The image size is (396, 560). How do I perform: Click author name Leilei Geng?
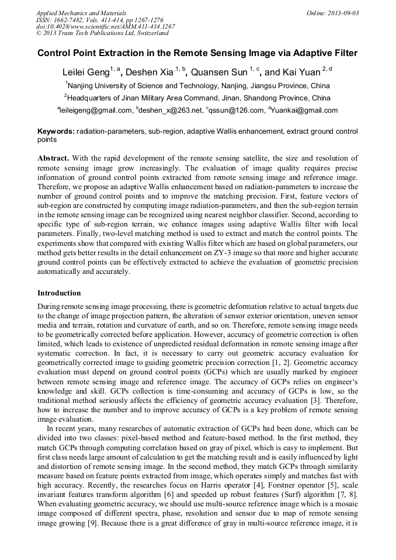[x=85, y=73]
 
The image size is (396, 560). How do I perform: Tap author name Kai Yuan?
[x=301, y=73]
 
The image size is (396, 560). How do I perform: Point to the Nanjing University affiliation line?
[x=197, y=85]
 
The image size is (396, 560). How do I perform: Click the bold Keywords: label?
[x=56, y=132]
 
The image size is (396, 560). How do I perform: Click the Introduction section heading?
[x=59, y=293]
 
